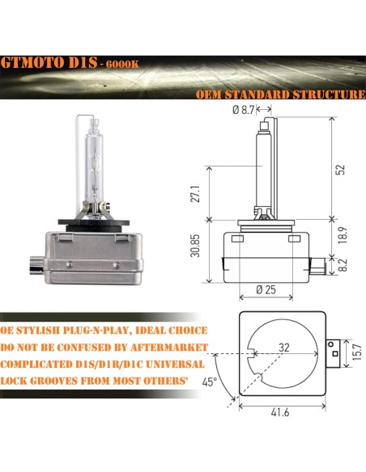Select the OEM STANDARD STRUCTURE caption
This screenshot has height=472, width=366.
coord(280,95)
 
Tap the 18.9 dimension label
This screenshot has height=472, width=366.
coord(342,234)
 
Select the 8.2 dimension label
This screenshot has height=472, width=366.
coord(342,263)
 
